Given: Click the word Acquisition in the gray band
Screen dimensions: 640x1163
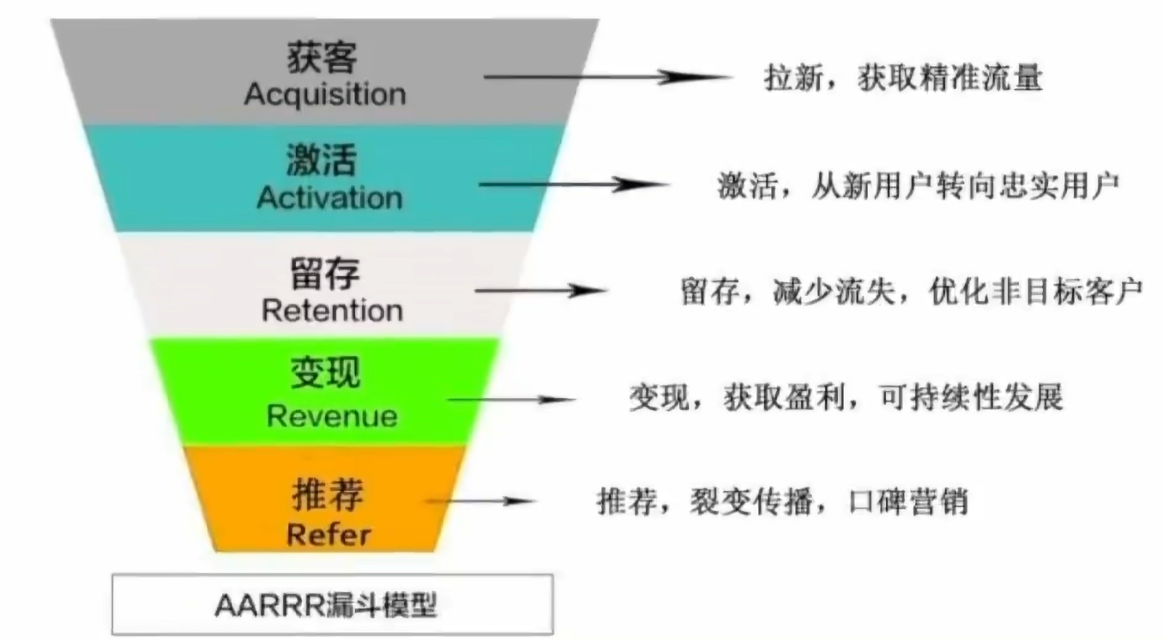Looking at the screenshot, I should (324, 94).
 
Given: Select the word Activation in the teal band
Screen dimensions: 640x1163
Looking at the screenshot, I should (328, 197).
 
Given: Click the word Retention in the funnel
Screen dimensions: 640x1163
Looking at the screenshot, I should (332, 310).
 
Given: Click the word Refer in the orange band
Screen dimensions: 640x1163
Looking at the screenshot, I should (328, 534).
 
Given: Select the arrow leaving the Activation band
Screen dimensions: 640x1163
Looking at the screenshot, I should (573, 184).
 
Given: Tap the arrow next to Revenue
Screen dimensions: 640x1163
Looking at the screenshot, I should (511, 399).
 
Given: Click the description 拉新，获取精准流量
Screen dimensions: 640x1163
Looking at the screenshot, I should (902, 80).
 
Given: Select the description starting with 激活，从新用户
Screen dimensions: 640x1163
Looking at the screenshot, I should (919, 185).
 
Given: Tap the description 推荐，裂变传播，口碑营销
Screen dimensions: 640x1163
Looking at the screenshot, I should (782, 501).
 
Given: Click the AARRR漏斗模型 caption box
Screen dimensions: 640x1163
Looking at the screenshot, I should (332, 605).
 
